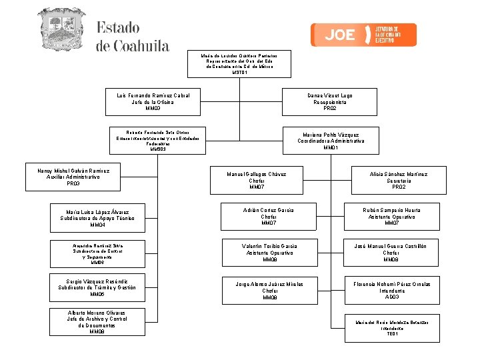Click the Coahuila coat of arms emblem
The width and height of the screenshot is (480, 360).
tap(61, 30)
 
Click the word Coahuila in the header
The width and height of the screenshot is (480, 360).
tap(133, 46)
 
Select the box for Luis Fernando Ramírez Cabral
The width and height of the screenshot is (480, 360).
tap(153, 102)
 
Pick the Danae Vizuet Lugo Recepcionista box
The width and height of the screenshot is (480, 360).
tap(330, 102)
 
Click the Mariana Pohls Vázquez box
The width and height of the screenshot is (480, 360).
tap(330, 141)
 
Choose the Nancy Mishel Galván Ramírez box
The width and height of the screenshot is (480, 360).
tap(73, 177)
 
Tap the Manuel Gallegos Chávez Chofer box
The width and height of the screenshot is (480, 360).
tap(257, 181)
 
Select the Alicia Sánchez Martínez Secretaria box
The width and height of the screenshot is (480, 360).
tap(399, 181)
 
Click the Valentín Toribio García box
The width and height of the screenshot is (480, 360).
tap(269, 253)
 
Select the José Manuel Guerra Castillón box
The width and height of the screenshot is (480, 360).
tap(391, 253)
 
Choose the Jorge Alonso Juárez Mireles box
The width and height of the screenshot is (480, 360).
tap(269, 290)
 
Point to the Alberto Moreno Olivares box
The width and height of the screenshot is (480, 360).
tap(97, 321)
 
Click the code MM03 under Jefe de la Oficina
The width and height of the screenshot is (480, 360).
tap(153, 109)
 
